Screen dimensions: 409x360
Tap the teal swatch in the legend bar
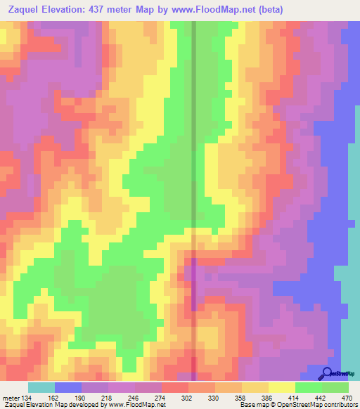click(41, 388)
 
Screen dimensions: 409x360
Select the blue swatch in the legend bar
click(68, 388)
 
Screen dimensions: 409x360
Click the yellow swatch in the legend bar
click(282, 388)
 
